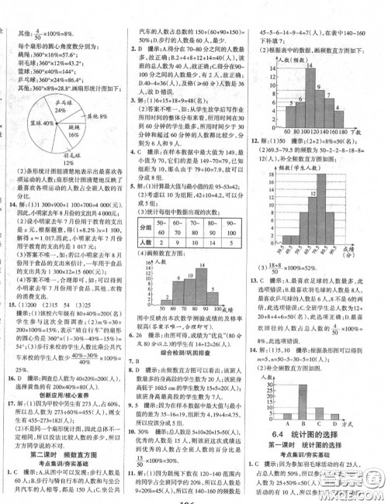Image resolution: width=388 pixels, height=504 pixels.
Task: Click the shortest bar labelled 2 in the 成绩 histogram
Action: [155, 319]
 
